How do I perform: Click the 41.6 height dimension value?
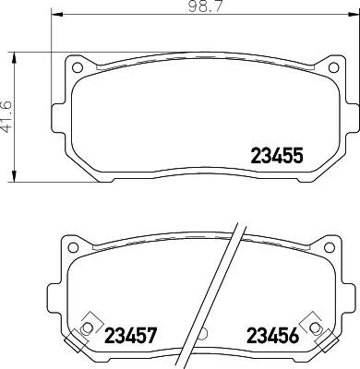click(8, 117)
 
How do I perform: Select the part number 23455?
click(277, 156)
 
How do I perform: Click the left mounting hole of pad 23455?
click(78, 67)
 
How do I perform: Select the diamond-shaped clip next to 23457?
click(89, 327)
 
